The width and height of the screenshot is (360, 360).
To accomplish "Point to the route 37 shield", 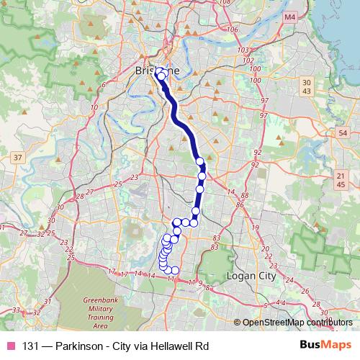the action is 18,156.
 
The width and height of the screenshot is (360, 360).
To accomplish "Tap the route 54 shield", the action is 342,133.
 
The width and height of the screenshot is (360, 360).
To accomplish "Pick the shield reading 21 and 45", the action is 341,180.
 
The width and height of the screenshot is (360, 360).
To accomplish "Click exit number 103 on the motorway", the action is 243,50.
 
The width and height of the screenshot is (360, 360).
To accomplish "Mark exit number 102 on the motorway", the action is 249,60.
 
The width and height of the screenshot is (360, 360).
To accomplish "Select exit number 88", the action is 246,196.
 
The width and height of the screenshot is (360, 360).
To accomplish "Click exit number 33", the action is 15,310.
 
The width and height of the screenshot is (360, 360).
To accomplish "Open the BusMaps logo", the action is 328,346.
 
